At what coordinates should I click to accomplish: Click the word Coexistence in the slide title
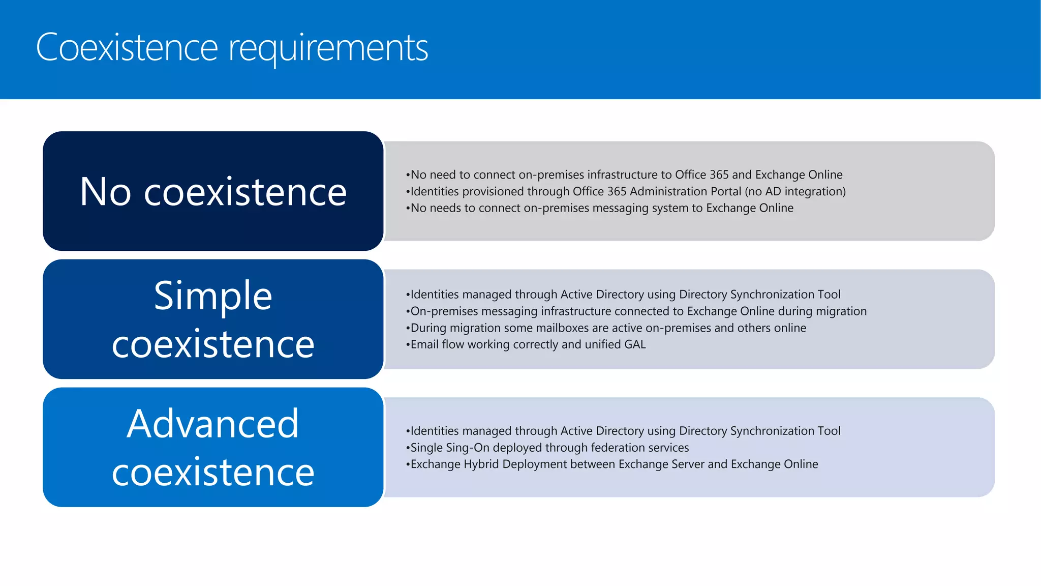[127, 47]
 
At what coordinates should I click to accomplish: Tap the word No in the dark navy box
[105, 192]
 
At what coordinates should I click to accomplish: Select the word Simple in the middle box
[213, 296]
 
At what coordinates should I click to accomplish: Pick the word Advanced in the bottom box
[213, 424]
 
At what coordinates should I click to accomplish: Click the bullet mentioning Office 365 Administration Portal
[626, 191]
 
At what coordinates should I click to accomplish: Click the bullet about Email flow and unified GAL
[526, 344]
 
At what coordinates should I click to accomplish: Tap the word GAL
[635, 344]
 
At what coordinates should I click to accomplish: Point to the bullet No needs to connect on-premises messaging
[600, 208]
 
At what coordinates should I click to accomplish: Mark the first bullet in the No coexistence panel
[624, 174]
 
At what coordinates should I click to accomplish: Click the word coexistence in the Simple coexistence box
[213, 344]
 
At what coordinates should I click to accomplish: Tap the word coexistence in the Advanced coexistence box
[213, 472]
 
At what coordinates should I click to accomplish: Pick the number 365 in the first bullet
[719, 174]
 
